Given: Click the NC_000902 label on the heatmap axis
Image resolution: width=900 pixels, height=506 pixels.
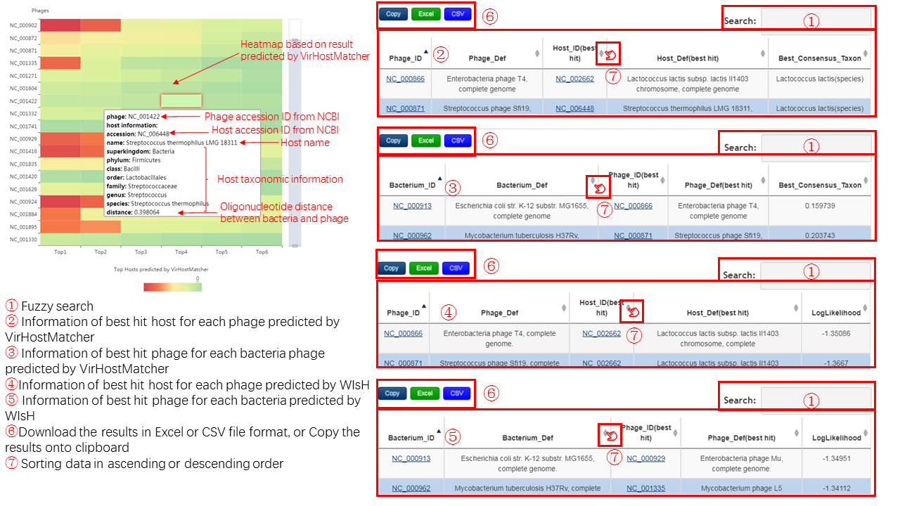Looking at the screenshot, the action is [23, 25].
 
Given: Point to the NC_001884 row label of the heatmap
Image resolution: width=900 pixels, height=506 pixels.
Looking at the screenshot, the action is [23, 214].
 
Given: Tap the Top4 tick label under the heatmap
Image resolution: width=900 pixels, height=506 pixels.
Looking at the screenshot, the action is [181, 252].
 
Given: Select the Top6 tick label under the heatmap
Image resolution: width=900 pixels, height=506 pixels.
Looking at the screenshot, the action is [262, 252].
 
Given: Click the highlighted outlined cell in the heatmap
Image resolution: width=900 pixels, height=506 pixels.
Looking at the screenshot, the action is [181, 100].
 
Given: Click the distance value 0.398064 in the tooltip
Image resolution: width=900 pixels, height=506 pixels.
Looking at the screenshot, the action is [147, 212].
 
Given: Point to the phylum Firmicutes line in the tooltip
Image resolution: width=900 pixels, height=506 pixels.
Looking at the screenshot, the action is [134, 160].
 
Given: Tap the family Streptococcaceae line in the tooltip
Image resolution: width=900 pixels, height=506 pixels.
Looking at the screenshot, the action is [141, 186].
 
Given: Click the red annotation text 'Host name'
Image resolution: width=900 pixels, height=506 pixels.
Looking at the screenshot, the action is [305, 143].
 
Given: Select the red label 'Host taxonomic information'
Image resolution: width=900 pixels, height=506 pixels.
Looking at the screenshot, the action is [280, 179].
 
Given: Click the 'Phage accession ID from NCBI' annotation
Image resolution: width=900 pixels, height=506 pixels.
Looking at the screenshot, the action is [272, 117].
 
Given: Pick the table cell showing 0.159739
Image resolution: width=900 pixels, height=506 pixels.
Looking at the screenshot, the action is [820, 206].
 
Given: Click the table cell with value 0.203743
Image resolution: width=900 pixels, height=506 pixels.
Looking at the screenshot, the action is [820, 235].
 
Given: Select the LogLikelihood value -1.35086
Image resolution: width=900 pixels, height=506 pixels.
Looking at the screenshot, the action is [836, 334].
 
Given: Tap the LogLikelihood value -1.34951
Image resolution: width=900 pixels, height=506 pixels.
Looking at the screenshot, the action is [837, 459].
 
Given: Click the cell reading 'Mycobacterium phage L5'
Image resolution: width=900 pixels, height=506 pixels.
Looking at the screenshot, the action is [741, 488].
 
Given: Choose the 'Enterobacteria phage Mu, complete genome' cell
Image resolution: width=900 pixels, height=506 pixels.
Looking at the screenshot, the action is [741, 463].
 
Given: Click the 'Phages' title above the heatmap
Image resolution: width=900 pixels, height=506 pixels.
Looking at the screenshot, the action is [40, 11].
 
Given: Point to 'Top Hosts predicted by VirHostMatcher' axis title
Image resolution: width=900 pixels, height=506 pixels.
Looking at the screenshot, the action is [161, 269].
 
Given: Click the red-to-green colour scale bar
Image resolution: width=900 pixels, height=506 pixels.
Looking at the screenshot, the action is [173, 287].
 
